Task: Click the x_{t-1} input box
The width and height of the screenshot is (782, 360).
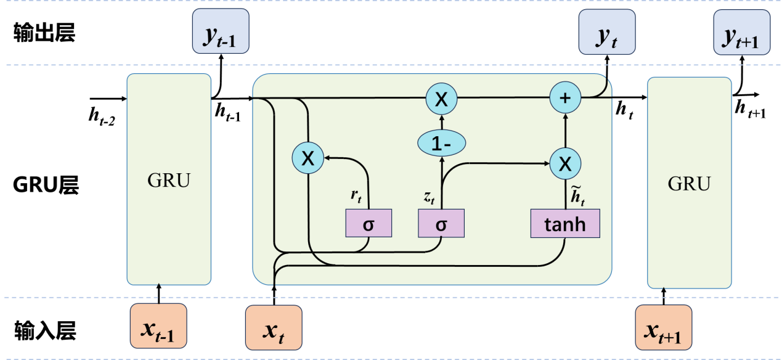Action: point(158,325)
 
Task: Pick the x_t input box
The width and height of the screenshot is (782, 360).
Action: point(274,328)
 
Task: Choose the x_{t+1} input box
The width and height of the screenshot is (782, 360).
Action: point(663,327)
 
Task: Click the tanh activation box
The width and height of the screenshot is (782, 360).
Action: point(565,224)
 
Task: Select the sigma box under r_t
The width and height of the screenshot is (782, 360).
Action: point(369,224)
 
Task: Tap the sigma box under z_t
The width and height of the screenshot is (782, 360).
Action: point(441,224)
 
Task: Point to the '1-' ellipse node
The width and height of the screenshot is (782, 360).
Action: point(441,144)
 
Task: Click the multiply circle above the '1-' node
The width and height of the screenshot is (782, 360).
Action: point(441,99)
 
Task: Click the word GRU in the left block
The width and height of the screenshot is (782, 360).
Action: point(169,181)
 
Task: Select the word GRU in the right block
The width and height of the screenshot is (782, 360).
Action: point(689,183)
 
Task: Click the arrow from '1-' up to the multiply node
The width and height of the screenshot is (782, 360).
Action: point(441,123)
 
